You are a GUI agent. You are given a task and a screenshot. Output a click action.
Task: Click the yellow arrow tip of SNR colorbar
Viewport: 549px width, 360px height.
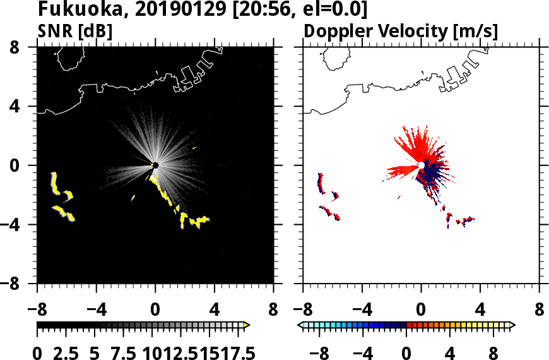coord(247,325)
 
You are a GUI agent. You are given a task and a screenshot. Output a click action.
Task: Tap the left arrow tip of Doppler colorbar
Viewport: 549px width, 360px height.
coord(300,325)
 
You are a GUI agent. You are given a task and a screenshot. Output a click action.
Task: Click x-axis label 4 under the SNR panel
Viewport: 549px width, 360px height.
coord(215,311)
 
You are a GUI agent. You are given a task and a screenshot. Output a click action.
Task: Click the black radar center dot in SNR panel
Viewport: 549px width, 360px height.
coord(155,165)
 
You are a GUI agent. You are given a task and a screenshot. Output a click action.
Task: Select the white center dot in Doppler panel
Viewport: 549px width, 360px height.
coord(422,165)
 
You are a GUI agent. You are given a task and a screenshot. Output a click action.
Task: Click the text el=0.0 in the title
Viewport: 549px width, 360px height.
coord(335,9)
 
